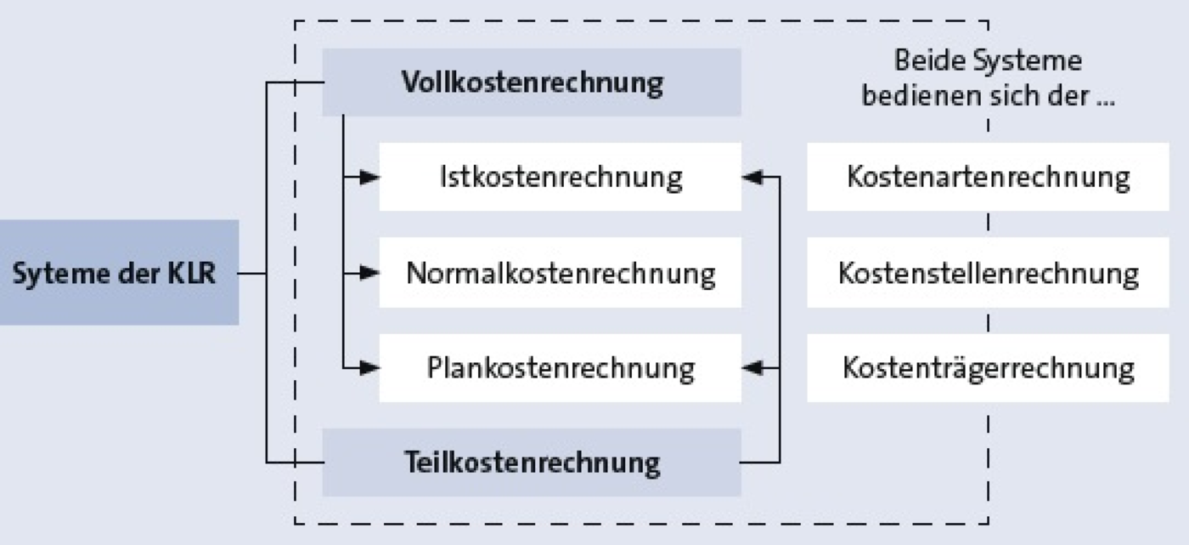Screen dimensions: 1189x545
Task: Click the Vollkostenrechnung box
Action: point(532,82)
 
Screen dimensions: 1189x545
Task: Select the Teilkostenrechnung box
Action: point(532,463)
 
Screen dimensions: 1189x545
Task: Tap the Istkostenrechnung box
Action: point(560,177)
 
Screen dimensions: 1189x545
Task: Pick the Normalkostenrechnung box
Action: point(560,272)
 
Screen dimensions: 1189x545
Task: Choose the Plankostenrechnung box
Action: point(560,367)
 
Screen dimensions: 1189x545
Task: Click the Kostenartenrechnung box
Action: point(988,177)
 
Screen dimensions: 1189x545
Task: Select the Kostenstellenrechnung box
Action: point(988,272)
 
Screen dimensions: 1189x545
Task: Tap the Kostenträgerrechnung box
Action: point(988,367)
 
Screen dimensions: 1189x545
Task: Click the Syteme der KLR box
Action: point(120,272)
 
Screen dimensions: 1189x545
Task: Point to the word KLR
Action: point(192,274)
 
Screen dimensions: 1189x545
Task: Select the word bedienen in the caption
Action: point(917,96)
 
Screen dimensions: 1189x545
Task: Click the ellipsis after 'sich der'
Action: point(1106,104)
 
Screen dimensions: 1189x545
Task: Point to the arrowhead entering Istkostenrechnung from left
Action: point(370,177)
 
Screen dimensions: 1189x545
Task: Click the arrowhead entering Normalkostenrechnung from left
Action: point(370,272)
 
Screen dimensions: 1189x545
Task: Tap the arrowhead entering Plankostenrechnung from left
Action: point(370,367)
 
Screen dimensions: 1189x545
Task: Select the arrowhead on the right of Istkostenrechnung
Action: point(752,177)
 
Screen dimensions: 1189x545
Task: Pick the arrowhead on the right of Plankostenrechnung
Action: point(752,367)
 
